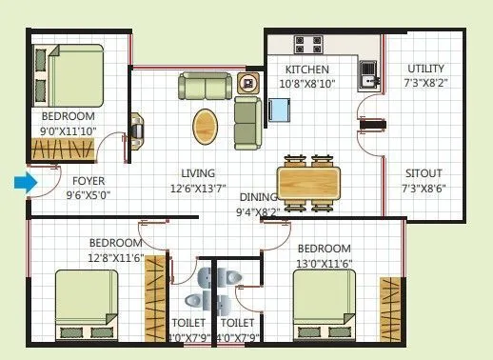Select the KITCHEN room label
tap(307, 70)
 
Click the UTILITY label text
tap(424, 69)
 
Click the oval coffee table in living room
tap(205, 124)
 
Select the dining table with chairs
tap(308, 179)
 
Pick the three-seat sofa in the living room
tap(204, 88)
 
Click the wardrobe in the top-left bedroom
tap(59, 150)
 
